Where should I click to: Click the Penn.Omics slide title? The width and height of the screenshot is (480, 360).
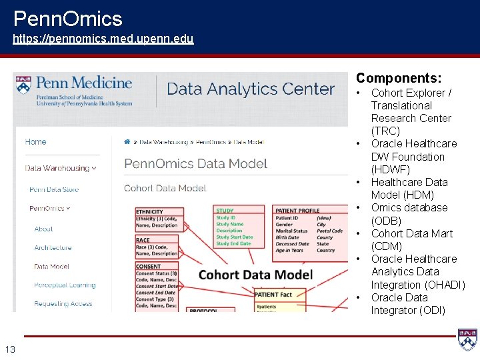tap(67, 18)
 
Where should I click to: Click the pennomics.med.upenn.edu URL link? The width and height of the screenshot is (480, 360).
tap(103, 39)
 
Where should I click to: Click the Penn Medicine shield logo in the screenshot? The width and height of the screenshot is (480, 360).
tap(24, 87)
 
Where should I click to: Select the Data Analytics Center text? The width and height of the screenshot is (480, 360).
tap(251, 89)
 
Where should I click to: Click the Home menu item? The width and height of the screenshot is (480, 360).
tap(36, 141)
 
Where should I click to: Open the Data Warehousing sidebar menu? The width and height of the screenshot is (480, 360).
tap(60, 168)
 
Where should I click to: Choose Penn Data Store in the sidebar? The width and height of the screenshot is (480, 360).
tap(54, 189)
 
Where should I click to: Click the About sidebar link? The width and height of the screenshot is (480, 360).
tap(44, 229)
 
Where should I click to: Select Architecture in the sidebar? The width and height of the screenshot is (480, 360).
tap(53, 247)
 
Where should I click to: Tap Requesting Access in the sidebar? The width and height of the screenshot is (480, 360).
tap(63, 303)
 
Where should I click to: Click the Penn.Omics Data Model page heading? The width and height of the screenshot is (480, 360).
tap(195, 163)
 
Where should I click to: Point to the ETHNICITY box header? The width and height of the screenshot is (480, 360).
tap(149, 212)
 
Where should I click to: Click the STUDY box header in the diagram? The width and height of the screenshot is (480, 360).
tap(225, 211)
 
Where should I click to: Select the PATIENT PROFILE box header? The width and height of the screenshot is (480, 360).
tap(297, 211)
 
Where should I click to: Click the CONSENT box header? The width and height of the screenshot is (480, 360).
tap(147, 267)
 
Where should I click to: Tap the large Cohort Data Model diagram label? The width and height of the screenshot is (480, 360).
tap(255, 274)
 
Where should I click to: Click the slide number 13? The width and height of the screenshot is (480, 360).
tap(10, 349)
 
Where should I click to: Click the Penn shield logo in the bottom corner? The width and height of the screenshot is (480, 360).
tap(467, 339)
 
